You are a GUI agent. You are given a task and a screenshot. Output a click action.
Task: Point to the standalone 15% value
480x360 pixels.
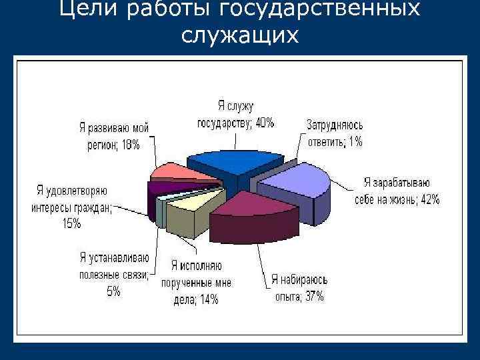[71, 224]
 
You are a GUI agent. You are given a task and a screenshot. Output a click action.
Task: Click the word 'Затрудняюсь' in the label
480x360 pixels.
[334, 124]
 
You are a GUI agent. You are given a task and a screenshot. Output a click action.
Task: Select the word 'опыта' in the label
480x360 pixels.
[285, 297]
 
